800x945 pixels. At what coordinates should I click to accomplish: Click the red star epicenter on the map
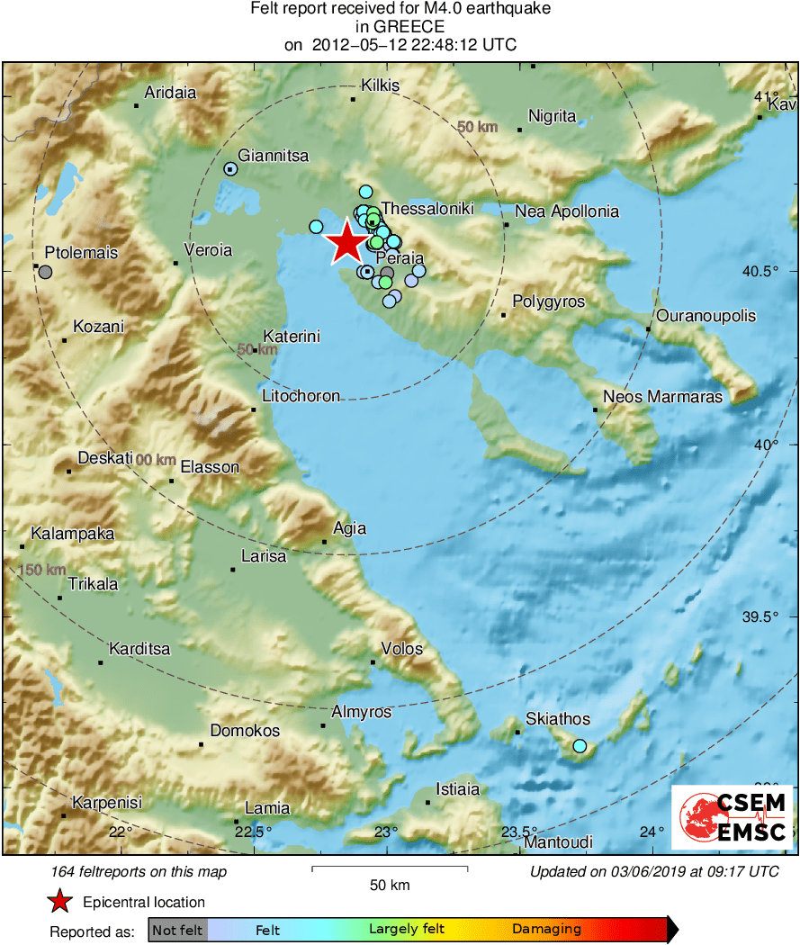(x=346, y=243)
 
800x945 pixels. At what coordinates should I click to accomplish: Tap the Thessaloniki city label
(x=427, y=209)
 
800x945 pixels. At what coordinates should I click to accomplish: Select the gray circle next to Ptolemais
(x=45, y=271)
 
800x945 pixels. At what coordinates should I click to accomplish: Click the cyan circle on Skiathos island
(x=580, y=746)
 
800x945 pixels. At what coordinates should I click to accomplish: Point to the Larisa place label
(x=264, y=556)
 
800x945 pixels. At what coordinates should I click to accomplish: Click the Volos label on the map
(x=401, y=648)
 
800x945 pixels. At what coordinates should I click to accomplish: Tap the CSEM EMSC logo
(x=733, y=817)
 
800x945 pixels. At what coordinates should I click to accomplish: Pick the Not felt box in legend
(x=177, y=930)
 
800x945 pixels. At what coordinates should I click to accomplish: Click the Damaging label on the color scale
(x=547, y=930)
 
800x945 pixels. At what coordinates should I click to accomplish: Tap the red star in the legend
(x=59, y=902)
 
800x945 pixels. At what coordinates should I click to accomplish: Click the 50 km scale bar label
(x=390, y=886)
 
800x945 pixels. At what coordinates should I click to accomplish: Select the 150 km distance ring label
(x=42, y=570)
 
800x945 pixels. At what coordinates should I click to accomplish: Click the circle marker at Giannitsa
(x=230, y=168)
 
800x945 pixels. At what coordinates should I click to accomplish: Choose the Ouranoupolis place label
(x=706, y=316)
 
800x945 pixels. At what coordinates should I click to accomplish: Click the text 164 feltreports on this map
(x=139, y=871)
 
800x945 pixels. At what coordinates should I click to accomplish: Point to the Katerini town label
(x=292, y=336)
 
